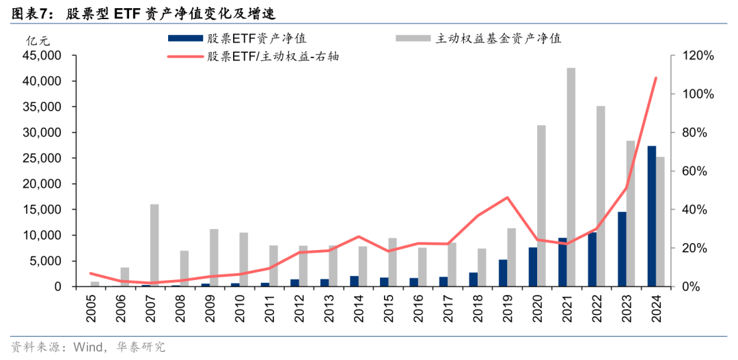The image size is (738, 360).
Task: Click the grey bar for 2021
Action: (571, 178)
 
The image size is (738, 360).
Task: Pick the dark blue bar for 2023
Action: (622, 249)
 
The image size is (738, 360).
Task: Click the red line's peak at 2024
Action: (656, 78)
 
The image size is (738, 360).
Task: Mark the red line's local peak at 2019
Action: (507, 197)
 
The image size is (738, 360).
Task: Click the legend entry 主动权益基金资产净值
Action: (498, 38)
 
